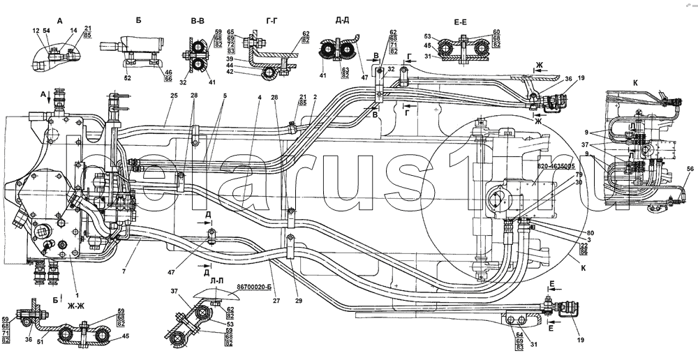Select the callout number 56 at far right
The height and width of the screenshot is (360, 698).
point(690,170)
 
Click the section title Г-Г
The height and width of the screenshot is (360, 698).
point(274,21)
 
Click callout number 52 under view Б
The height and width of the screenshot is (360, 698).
point(127,78)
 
